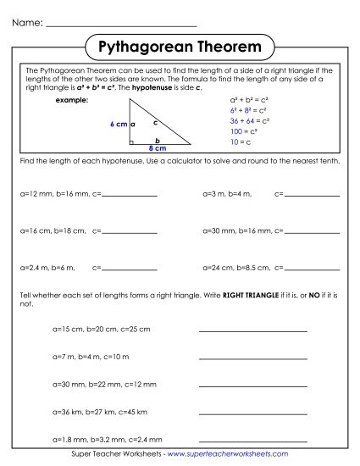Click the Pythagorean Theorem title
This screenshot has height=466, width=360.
[x=179, y=44]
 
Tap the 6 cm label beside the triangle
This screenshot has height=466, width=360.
[x=119, y=125]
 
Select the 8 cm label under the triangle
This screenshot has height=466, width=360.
[x=158, y=148]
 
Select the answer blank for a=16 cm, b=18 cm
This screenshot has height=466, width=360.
[x=129, y=230]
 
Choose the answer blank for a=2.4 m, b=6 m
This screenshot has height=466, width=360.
[x=129, y=268]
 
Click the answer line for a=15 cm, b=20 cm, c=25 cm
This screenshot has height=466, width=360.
[x=252, y=330]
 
